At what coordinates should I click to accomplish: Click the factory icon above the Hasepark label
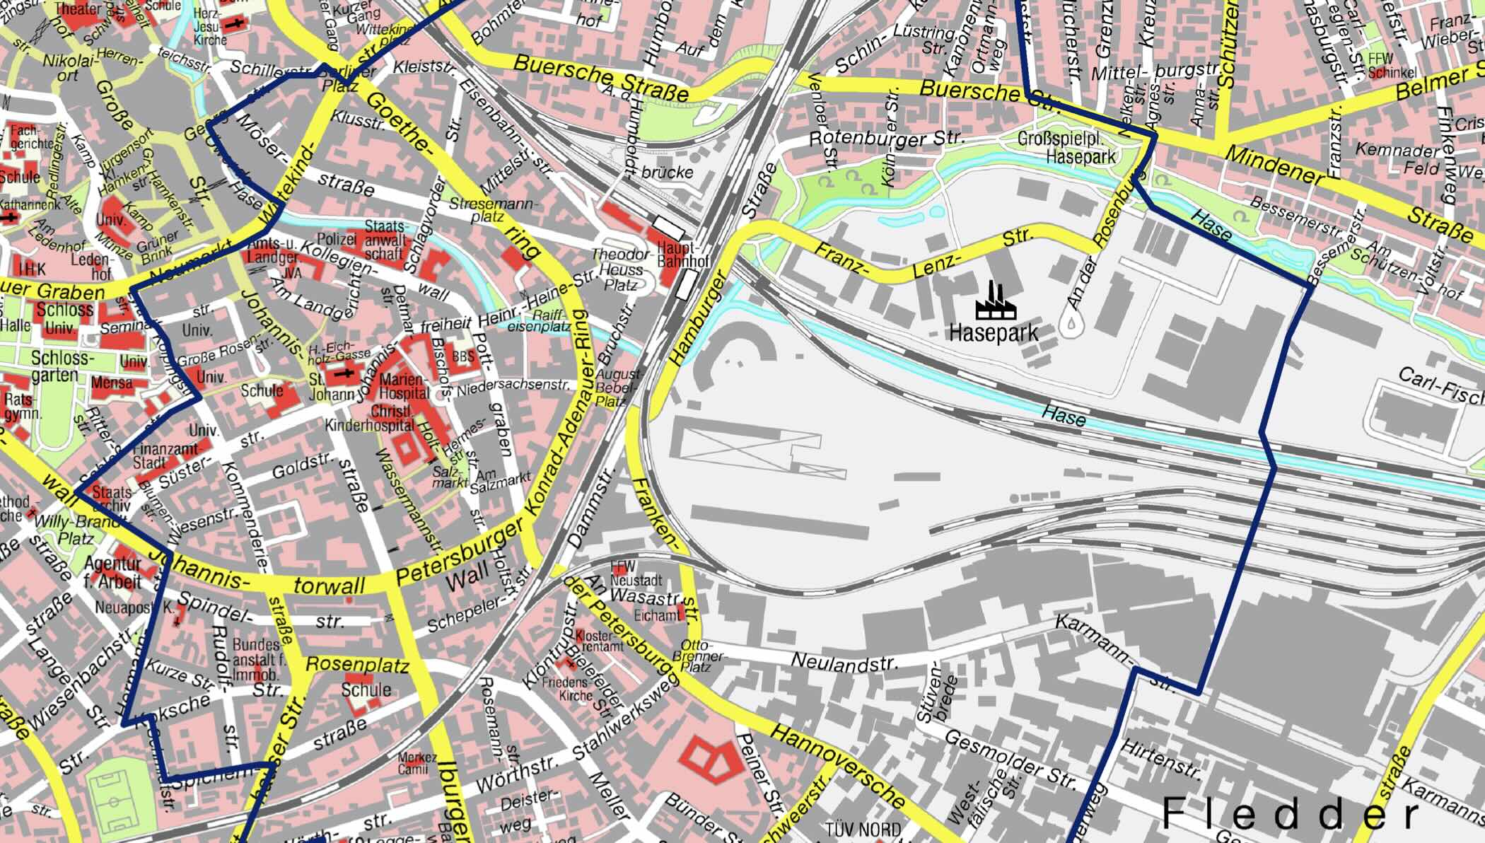(x=995, y=301)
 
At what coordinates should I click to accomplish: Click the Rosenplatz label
(x=357, y=665)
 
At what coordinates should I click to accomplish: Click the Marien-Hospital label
(x=404, y=386)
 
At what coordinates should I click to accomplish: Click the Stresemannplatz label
(x=503, y=210)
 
